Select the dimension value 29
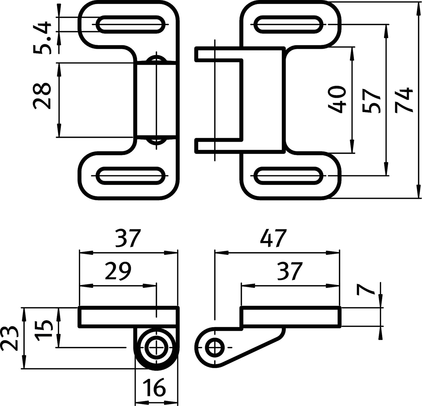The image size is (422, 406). click(x=118, y=271)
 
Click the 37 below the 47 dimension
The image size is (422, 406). click(x=289, y=271)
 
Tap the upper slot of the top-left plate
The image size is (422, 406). click(x=130, y=25)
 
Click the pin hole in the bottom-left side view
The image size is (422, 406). click(x=157, y=348)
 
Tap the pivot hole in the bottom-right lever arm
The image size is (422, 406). click(x=215, y=347)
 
